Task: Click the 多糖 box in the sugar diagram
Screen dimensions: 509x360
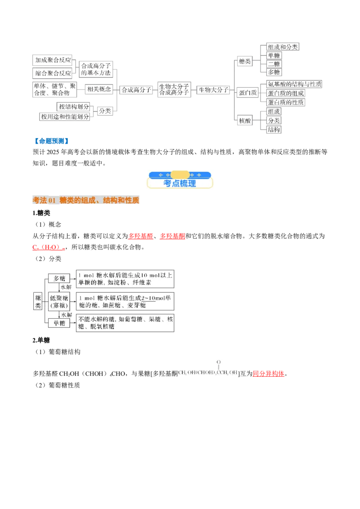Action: [59, 279]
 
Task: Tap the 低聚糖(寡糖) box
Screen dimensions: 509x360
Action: [59, 301]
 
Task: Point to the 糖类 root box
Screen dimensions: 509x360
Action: [38, 301]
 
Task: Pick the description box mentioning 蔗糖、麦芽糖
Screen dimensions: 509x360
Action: [125, 301]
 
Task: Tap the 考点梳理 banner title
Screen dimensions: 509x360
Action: [180, 183]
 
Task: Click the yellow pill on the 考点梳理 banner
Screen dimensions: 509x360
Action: [180, 174]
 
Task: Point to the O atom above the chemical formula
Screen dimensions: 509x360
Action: [219, 362]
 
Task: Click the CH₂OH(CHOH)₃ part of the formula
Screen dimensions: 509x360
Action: [198, 373]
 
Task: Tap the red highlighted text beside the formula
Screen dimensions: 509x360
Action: [268, 374]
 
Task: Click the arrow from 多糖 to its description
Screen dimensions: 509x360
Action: [73, 279]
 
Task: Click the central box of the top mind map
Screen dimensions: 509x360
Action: [173, 89]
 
